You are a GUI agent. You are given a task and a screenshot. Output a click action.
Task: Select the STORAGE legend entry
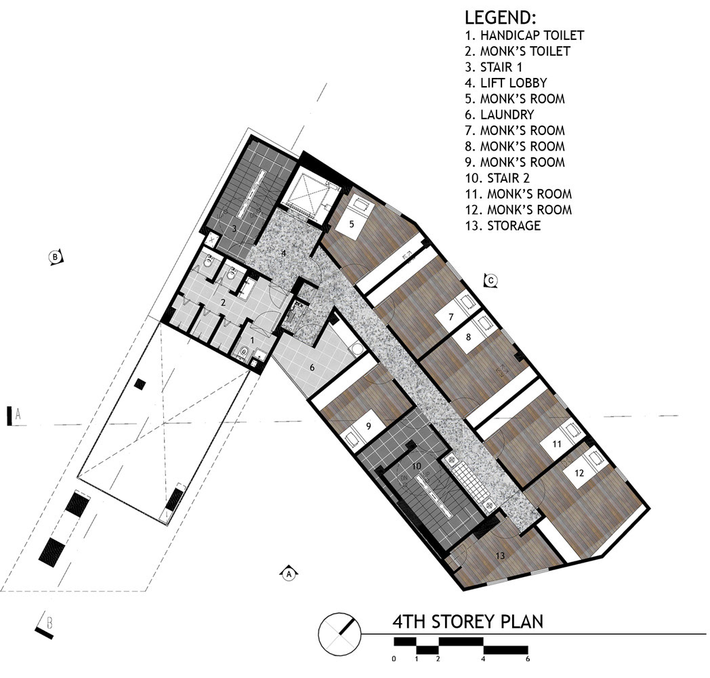pos(503,226)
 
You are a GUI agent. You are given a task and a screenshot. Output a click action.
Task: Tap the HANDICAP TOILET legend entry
pos(524,35)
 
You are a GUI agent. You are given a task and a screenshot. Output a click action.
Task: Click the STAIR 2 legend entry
pos(497,178)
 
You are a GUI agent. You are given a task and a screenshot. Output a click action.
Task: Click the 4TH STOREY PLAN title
pos(467,621)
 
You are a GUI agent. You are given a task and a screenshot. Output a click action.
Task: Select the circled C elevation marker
pos(490,281)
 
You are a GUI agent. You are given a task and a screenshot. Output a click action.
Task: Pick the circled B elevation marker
pos(56,257)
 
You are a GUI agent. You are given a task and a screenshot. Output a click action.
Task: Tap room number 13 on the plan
pos(500,556)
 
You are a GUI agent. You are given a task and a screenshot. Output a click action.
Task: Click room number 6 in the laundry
pos(312,367)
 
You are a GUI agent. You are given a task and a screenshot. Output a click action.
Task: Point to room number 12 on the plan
pos(579,473)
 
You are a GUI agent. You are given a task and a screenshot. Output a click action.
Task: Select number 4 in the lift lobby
pos(284,254)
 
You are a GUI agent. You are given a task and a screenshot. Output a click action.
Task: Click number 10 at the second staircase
pos(417,466)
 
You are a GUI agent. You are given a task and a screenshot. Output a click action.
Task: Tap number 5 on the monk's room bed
pos(352,224)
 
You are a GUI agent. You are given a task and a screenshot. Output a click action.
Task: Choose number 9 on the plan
pos(369,426)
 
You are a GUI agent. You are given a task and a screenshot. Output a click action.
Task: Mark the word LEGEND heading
pos(501,18)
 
